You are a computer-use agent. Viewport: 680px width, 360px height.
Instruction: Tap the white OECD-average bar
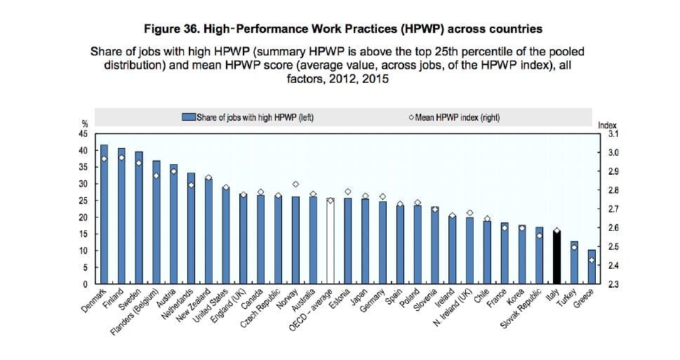[330, 241]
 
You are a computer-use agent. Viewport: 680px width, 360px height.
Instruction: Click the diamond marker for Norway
[295, 184]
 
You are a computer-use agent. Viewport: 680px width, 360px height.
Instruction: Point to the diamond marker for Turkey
[574, 247]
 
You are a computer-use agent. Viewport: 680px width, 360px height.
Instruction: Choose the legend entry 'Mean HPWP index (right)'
[457, 117]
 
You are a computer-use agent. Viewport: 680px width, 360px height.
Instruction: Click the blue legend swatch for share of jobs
[188, 117]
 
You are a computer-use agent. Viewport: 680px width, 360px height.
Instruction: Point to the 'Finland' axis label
[113, 298]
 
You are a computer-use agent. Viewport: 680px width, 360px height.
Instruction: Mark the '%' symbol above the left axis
[84, 125]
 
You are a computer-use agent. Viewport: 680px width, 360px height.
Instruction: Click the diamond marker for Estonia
[347, 191]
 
